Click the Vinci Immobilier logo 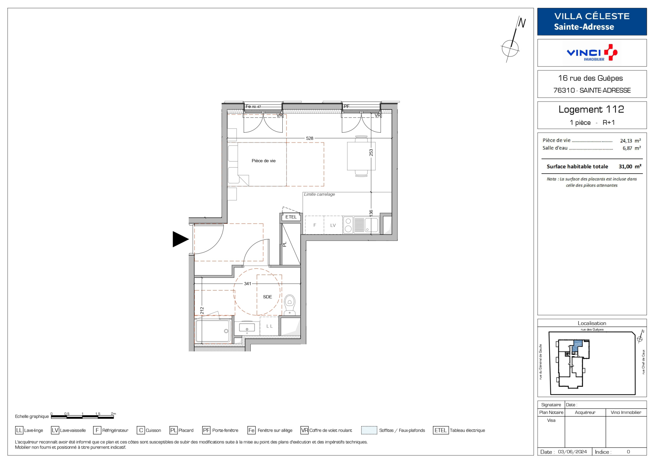pyautogui.click(x=592, y=53)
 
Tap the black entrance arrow pyautogui.click(x=181, y=239)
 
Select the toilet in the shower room pyautogui.click(x=290, y=305)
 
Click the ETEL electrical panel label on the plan pyautogui.click(x=291, y=217)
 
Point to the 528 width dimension pyautogui.click(x=310, y=138)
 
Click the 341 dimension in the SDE pyautogui.click(x=248, y=284)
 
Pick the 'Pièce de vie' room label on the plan pyautogui.click(x=264, y=161)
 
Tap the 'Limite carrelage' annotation pyautogui.click(x=320, y=194)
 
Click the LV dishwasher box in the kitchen pyautogui.click(x=333, y=225)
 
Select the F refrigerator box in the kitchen pyautogui.click(x=314, y=225)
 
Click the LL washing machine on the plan pyautogui.click(x=269, y=326)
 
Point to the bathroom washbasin pyautogui.click(x=247, y=328)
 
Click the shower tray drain pyautogui.click(x=226, y=331)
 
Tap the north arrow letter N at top pyautogui.click(x=522, y=23)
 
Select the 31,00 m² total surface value pyautogui.click(x=630, y=167)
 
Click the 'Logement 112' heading pyautogui.click(x=591, y=109)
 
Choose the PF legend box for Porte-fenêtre pyautogui.click(x=206, y=430)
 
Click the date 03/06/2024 pyautogui.click(x=572, y=452)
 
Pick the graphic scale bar pyautogui.click(x=83, y=417)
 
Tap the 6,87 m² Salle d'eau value pyautogui.click(x=631, y=148)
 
